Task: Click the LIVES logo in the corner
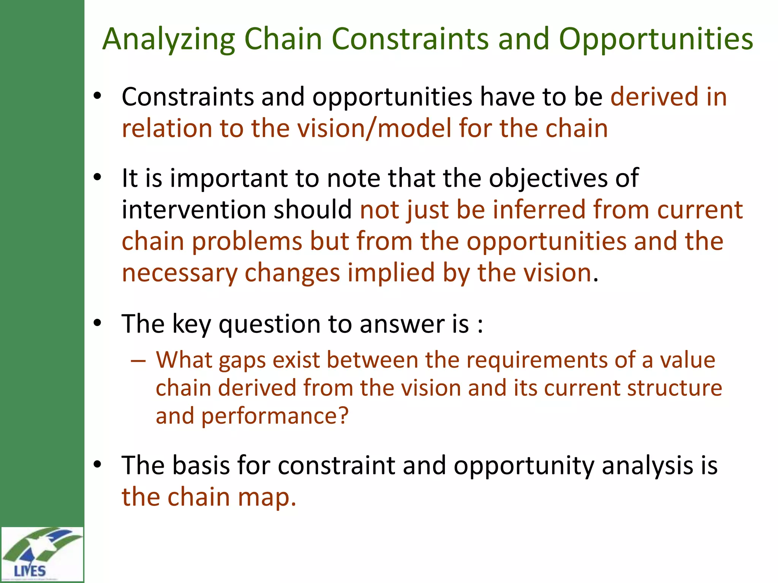[41, 554]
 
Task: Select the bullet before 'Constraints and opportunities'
[98, 96]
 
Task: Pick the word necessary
[179, 273]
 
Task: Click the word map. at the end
[267, 497]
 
